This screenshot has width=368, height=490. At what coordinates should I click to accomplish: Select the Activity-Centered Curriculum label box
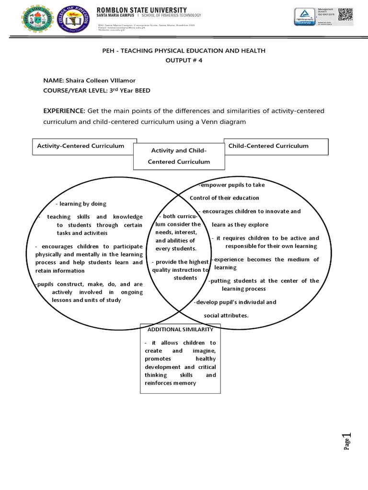tap(80, 146)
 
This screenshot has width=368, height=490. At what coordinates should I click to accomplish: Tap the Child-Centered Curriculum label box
tap(268, 146)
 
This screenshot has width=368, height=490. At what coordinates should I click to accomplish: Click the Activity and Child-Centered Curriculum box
tap(179, 156)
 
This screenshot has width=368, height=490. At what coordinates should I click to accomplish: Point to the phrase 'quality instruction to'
tap(180, 270)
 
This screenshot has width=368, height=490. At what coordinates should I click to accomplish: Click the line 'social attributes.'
tap(226, 315)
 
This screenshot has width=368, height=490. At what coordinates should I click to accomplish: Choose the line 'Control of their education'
tap(224, 198)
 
